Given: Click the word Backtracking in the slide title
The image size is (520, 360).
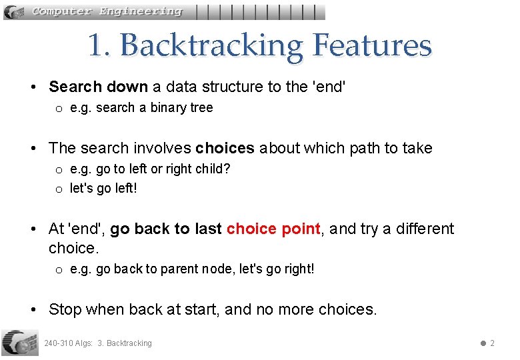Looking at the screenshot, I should point(211,46).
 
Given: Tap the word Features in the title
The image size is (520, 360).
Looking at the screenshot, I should point(372,46).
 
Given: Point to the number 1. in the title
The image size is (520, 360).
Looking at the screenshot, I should point(100,46).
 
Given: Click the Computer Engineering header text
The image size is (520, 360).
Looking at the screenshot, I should point(107,11).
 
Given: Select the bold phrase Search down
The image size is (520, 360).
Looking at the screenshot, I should point(98,87).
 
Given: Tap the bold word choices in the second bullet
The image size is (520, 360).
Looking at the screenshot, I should point(225,148).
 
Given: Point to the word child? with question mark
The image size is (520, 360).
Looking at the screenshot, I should point(213,169).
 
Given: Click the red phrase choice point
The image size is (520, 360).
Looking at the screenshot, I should point(273,229).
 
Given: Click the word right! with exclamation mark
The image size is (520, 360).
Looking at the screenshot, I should point(297,269).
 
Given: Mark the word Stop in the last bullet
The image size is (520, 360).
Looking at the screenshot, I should point(65,309).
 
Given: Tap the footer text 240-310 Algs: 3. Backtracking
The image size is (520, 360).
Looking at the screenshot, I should point(98,343).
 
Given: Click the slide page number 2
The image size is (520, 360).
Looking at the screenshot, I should point(492,343).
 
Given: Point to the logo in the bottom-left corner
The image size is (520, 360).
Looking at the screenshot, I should point(20,342).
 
